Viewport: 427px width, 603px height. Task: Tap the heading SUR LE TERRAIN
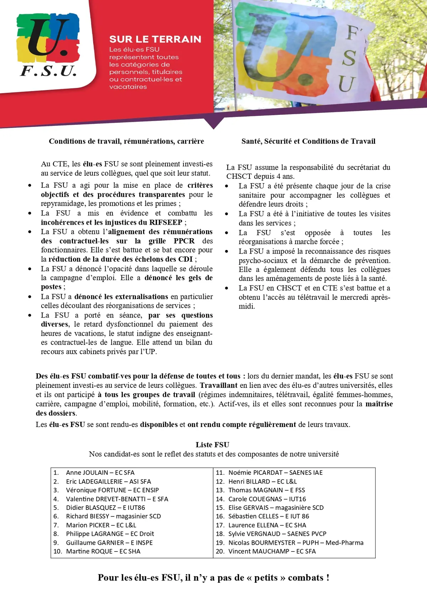coord(155,39)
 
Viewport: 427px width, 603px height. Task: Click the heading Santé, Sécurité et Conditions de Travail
coord(308,141)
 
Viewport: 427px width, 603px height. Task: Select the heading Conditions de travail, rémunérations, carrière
coord(126,141)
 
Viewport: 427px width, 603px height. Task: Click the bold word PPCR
coord(184,241)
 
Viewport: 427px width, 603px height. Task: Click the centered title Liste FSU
coord(212,445)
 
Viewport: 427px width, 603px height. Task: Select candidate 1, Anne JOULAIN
coord(100,473)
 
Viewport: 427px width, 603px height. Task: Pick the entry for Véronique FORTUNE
coord(112,490)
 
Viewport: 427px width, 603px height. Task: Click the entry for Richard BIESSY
coord(113,516)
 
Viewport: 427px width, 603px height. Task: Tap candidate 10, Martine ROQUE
coord(103,551)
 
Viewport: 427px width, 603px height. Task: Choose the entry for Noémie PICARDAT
coord(275,473)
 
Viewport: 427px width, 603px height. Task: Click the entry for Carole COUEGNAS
coord(267,499)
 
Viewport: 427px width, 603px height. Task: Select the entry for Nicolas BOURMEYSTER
coord(295,543)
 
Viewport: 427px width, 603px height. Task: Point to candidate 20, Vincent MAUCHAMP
coord(272,551)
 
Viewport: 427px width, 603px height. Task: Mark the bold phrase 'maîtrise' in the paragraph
coord(379,404)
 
